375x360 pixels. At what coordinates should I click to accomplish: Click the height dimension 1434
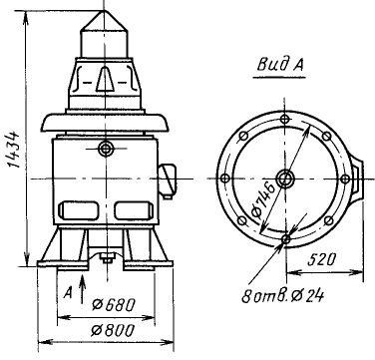(x=13, y=150)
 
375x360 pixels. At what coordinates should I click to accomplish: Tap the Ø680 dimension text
(x=114, y=305)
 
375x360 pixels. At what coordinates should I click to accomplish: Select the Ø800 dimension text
(x=113, y=330)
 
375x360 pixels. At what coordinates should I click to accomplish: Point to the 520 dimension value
(x=321, y=259)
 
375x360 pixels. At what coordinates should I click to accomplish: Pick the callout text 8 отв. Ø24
(x=282, y=296)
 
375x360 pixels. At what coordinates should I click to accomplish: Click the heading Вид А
(x=280, y=65)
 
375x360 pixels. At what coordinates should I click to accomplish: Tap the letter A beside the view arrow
(x=68, y=293)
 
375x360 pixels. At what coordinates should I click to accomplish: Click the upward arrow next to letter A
(x=83, y=289)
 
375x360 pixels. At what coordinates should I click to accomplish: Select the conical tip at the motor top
(x=104, y=21)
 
